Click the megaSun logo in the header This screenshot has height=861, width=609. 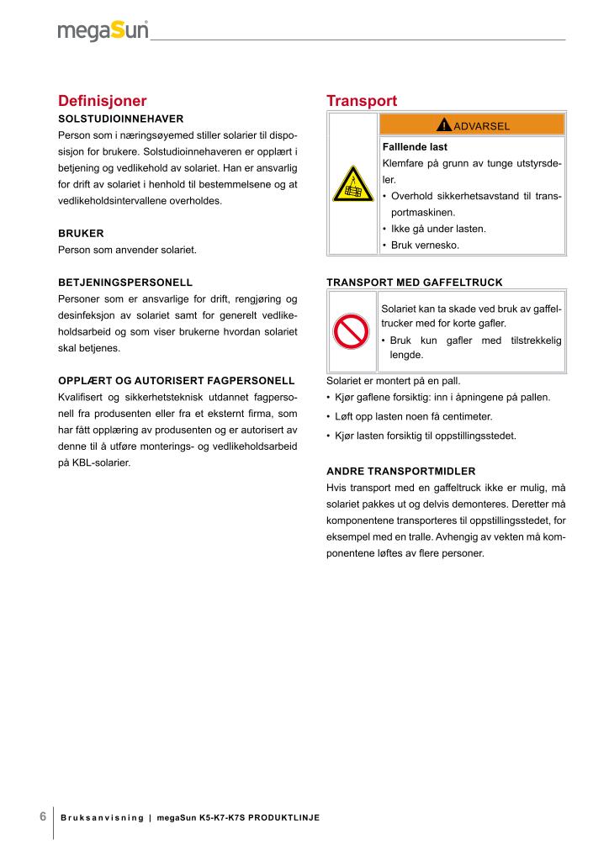(x=103, y=31)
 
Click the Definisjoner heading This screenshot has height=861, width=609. (x=102, y=101)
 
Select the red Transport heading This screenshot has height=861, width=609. (x=362, y=101)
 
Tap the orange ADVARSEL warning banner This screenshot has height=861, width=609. (x=473, y=125)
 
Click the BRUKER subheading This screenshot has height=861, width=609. (x=81, y=233)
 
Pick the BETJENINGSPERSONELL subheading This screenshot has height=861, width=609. (x=125, y=282)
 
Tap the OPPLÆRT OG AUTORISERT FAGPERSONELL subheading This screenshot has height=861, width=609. (x=176, y=380)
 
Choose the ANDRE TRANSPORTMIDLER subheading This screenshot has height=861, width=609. (x=400, y=470)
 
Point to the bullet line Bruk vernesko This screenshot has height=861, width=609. (x=425, y=246)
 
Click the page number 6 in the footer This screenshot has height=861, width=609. (x=43, y=817)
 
